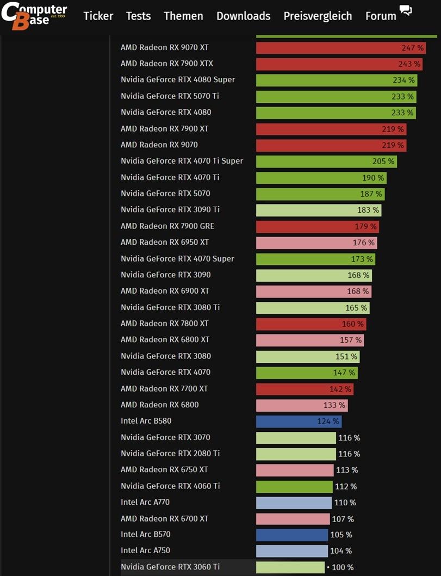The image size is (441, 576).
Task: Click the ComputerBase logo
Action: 34,16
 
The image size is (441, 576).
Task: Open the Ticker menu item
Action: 98,16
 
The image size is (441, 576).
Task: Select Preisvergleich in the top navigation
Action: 318,16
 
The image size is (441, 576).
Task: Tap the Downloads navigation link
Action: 243,16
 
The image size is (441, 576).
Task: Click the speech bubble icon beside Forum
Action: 405,10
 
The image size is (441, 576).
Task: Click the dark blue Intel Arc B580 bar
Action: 299,421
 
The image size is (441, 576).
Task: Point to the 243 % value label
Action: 409,64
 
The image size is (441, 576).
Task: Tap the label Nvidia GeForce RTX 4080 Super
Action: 178,79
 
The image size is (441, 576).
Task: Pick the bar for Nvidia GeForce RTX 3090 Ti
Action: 318,210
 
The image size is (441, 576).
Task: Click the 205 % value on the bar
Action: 383,161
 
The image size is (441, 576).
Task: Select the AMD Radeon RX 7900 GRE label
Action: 167,226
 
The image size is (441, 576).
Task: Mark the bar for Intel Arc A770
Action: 294,503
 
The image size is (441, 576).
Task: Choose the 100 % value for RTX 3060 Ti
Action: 342,567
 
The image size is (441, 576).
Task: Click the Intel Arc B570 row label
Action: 145,534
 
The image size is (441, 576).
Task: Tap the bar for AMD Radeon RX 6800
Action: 302,405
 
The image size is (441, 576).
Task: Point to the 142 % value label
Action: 340,389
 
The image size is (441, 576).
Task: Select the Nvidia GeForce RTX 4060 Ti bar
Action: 294,486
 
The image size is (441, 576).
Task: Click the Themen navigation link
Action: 183,16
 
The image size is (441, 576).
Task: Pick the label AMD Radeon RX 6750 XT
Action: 164,469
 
